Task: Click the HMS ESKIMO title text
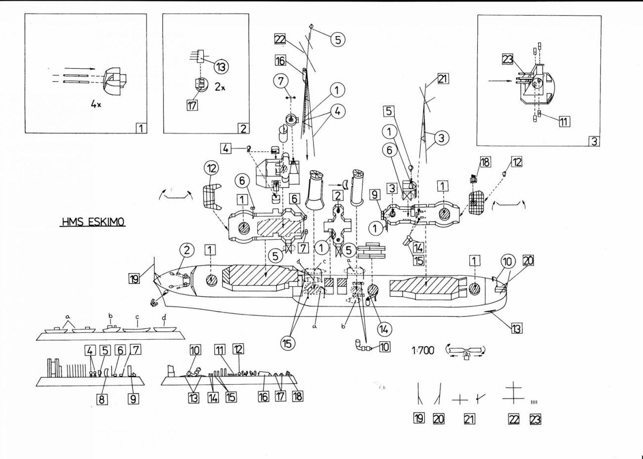tap(93, 222)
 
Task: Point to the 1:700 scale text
tap(422, 350)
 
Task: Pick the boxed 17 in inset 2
tap(192, 105)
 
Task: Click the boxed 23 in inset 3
tap(508, 59)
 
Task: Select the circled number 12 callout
tap(211, 168)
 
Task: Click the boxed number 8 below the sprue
tap(102, 398)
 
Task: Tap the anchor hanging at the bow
tap(155, 301)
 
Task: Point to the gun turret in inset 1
tap(115, 80)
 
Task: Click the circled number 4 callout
tap(338, 111)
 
